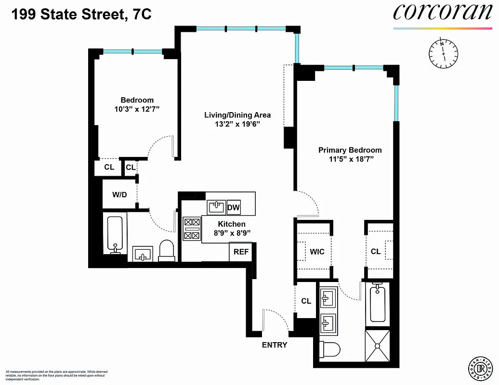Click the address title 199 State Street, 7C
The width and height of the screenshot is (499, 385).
(x=81, y=14)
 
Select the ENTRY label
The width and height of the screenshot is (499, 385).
(x=275, y=345)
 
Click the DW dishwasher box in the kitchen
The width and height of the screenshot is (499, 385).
(x=234, y=207)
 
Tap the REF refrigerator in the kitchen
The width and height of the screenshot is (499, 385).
(x=240, y=252)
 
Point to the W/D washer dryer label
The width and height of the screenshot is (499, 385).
(x=119, y=195)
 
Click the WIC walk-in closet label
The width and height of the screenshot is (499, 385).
(x=317, y=252)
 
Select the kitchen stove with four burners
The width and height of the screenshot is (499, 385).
(x=192, y=229)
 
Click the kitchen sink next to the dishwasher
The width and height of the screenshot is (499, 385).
(x=216, y=207)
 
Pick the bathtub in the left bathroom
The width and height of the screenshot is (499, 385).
(x=115, y=235)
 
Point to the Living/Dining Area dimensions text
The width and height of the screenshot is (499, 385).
(x=237, y=124)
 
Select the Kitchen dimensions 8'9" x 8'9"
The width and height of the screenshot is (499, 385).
(x=232, y=233)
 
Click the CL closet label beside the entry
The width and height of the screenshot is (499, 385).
(x=306, y=301)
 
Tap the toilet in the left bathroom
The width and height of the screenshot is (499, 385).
(x=167, y=250)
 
